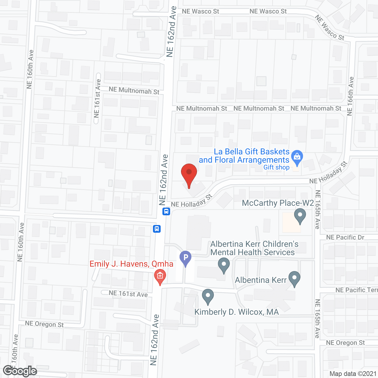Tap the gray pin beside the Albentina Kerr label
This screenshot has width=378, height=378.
pos(294,279)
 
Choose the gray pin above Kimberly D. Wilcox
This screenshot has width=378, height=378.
pos(208,296)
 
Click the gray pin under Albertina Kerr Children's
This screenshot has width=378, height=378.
pos(224,265)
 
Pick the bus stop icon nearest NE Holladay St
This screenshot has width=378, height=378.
pos(166,211)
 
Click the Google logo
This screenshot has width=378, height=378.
pos(20,371)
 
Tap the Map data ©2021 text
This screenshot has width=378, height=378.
pos(353,374)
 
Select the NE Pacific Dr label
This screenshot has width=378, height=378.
pos(345,237)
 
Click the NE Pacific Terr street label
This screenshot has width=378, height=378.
pos(356,290)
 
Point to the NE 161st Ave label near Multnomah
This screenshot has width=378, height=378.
pos(97,98)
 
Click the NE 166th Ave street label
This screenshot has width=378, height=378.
pos(350,96)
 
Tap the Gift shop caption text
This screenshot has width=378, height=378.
pos(276,167)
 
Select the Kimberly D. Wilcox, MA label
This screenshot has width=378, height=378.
pos(237,312)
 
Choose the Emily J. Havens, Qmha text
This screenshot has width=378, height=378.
pos(131,264)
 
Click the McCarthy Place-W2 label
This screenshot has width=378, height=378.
pos(278,203)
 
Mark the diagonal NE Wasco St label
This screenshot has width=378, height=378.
pos(329,28)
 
